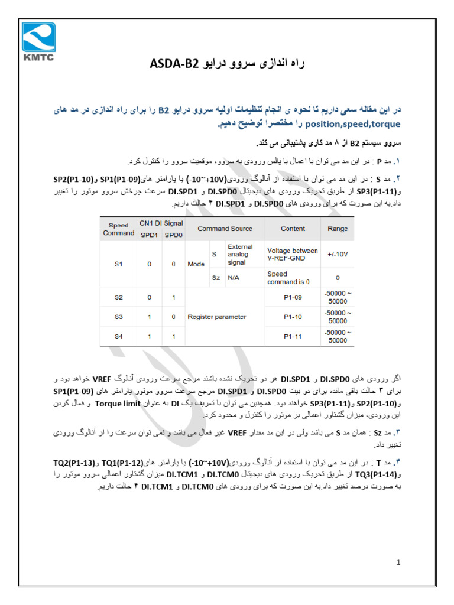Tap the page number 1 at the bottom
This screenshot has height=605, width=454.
399,562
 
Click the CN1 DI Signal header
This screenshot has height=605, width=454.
161,223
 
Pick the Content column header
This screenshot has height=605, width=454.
293,229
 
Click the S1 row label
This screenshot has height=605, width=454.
118,264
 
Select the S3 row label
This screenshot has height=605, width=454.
118,317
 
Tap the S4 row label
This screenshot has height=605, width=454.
118,336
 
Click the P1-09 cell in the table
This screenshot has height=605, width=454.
293,297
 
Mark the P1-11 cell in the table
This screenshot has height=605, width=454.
293,336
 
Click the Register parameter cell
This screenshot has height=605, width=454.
216,317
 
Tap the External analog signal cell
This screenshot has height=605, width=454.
240,254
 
